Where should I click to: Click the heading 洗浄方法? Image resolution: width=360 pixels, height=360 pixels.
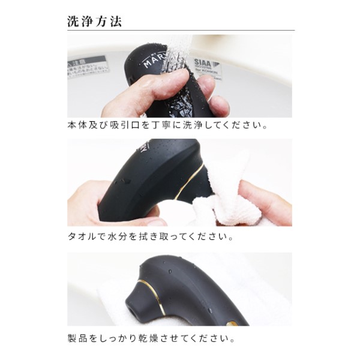[95, 22]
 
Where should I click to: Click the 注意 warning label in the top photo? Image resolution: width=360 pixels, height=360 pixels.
[88, 62]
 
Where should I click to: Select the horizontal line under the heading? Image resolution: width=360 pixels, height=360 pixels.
[180, 31]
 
